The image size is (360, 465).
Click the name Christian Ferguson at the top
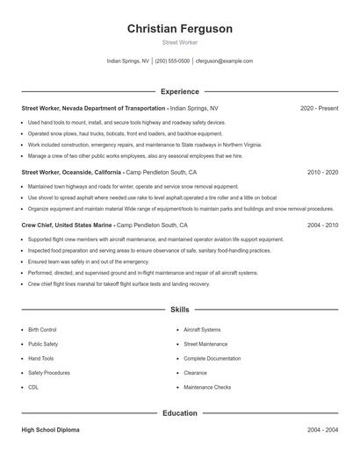[180, 29]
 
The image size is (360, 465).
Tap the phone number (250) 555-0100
[173, 61]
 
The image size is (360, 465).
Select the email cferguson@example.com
[224, 61]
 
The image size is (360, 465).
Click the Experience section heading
[180, 91]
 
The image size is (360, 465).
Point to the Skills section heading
[180, 310]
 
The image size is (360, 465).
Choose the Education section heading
[180, 412]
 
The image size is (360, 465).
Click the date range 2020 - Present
[319, 108]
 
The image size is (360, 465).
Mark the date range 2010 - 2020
[322, 173]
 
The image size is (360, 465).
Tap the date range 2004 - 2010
[322, 225]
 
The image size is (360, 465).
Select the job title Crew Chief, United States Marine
[67, 225]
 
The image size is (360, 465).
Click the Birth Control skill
[42, 330]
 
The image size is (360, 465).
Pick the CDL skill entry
[33, 387]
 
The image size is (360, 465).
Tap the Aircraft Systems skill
[202, 330]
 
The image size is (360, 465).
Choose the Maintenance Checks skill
[207, 387]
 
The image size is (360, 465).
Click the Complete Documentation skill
[212, 359]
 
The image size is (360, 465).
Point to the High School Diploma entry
[51, 430]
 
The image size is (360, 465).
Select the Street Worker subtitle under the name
[180, 43]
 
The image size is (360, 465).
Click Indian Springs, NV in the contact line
[127, 61]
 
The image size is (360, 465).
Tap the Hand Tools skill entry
[40, 359]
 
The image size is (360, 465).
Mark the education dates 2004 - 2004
[322, 430]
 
